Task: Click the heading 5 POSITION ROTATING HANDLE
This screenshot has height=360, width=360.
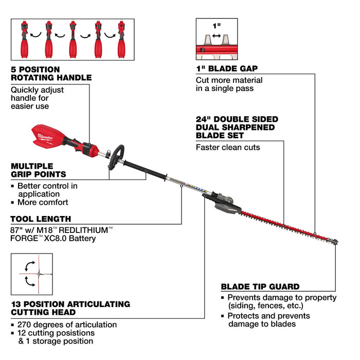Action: (x=51, y=73)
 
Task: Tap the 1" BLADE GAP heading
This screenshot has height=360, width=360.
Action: (x=227, y=68)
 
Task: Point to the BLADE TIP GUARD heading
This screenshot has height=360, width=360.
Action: (x=260, y=286)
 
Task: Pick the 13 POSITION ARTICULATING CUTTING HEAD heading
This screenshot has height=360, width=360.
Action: (x=70, y=308)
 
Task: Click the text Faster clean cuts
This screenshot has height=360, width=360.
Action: (x=228, y=147)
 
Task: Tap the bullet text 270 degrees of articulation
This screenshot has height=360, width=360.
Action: (x=67, y=325)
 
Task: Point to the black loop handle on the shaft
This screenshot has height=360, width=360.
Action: (x=117, y=154)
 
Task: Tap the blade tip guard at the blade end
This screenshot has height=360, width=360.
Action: (x=334, y=241)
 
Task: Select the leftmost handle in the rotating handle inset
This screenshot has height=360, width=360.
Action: (x=25, y=40)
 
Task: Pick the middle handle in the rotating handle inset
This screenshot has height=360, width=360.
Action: (x=73, y=40)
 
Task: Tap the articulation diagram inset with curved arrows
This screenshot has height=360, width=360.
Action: (x=31, y=274)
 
